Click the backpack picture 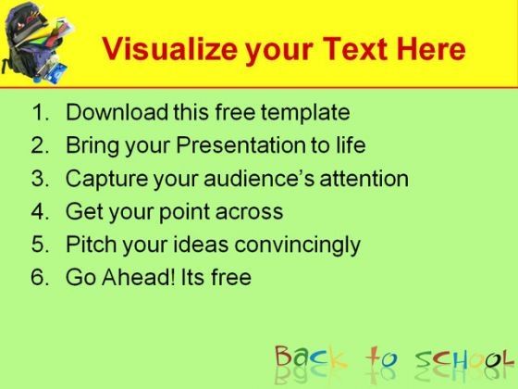pos(37,43)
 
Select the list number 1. pos(41,112)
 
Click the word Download pos(117,112)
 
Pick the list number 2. pos(41,145)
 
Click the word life pos(351,144)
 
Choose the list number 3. pos(41,178)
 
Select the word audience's pos(259,178)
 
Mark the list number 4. pos(41,211)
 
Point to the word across pos(249,212)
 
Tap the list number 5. pos(41,245)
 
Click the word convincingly pos(297,245)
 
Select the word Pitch pos(92,244)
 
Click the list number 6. pos(41,277)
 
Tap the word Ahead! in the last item pos(139,277)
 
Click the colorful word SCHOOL pos(465,358)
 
